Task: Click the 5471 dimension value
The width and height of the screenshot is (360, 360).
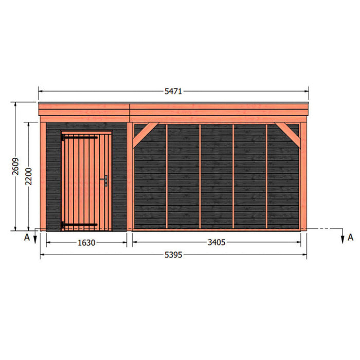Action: [173, 92]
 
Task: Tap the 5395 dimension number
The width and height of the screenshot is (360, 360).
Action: [173, 255]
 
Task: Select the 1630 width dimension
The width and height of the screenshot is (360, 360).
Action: [86, 243]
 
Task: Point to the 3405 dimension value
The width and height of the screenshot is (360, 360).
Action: [217, 242]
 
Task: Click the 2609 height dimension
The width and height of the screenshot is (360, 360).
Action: [15, 166]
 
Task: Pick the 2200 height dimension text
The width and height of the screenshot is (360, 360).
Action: [28, 176]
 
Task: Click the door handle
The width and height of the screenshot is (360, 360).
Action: [104, 180]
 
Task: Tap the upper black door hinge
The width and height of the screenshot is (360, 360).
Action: [79, 137]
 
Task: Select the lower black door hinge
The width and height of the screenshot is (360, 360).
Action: [79, 225]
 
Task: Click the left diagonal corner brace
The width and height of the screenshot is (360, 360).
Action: [145, 135]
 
